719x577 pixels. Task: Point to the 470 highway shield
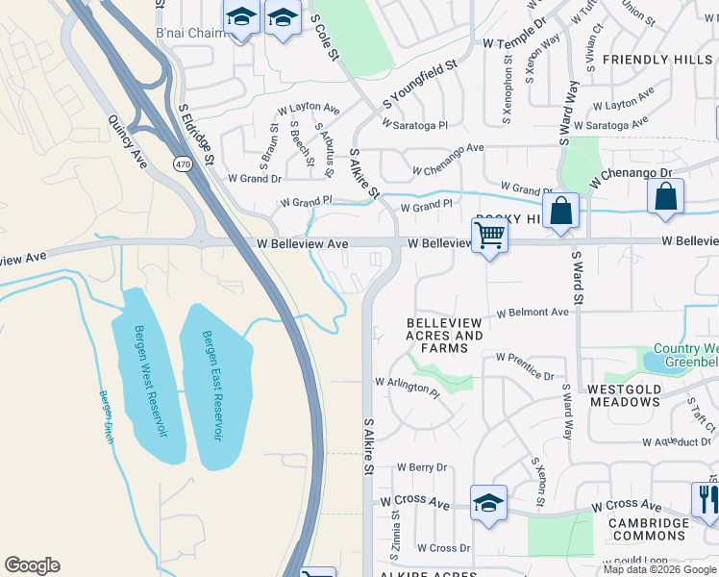(182, 164)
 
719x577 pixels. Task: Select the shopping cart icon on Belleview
(489, 235)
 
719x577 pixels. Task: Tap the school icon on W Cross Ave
(488, 503)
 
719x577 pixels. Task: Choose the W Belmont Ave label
(533, 313)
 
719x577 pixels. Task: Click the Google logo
(32, 565)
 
